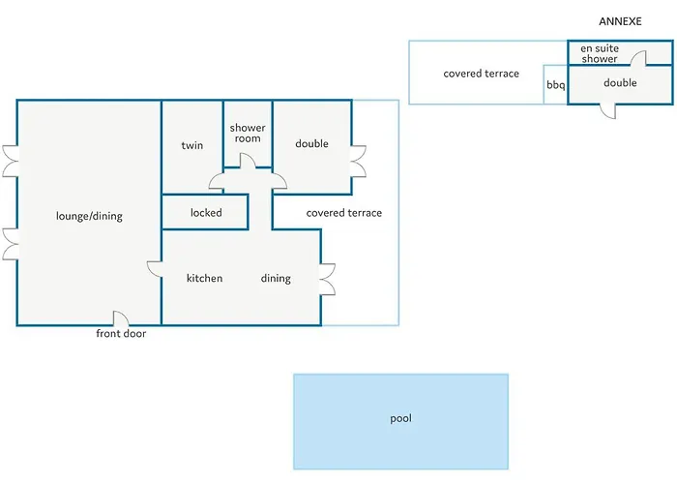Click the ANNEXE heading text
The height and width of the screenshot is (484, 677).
[x=620, y=21]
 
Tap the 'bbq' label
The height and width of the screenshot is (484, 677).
[x=556, y=85]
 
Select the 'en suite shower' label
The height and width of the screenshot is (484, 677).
[x=600, y=53]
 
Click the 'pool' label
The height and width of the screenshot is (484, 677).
[x=400, y=418]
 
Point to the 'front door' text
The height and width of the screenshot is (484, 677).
[x=121, y=333]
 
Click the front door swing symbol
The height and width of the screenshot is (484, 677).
[x=121, y=318]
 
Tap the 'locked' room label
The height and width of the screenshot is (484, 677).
[x=206, y=213]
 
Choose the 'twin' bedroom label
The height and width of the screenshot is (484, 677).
[x=192, y=145]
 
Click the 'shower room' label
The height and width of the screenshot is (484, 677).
[x=248, y=134]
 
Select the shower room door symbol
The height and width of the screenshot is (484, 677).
[x=248, y=161]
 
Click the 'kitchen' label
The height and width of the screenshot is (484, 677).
[x=204, y=278]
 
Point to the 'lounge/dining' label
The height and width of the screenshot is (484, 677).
[x=89, y=216]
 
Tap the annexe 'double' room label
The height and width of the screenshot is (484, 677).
[x=620, y=82]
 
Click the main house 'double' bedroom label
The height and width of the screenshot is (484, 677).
[x=311, y=143]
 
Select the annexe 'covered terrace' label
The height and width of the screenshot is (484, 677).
[x=481, y=74]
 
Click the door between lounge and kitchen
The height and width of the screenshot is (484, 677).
[x=154, y=269]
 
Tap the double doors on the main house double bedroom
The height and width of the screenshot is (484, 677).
[x=359, y=162]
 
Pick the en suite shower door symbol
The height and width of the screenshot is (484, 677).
[x=638, y=58]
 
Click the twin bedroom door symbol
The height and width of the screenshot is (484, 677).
[x=217, y=181]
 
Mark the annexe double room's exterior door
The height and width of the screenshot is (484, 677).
[x=608, y=110]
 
